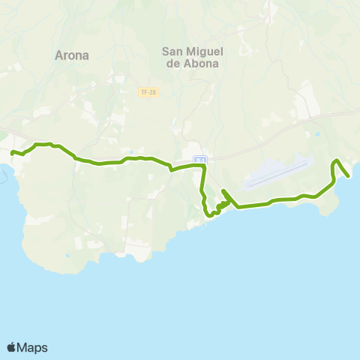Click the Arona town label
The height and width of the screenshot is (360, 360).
[x=72, y=55]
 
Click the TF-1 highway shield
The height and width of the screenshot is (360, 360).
[x=199, y=159]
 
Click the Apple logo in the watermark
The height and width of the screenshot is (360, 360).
[x=11, y=347]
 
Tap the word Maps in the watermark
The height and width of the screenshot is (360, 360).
[x=32, y=347]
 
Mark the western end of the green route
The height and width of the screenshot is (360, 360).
[x=12, y=152]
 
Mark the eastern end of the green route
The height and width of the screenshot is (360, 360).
[x=349, y=176]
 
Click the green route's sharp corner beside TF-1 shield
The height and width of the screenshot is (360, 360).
[x=203, y=167]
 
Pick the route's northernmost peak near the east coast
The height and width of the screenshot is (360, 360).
[x=337, y=160]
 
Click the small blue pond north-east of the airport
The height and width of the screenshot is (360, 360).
[x=318, y=134]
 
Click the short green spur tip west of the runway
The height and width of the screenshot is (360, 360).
[x=223, y=191]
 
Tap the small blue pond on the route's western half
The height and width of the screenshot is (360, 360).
[x=131, y=151]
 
